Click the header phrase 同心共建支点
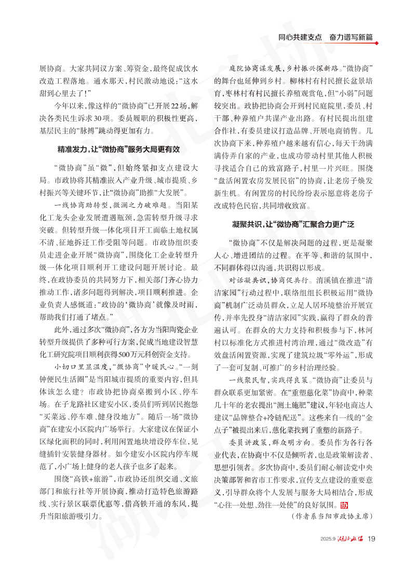pos(300,38)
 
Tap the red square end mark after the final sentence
pos(344,505)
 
